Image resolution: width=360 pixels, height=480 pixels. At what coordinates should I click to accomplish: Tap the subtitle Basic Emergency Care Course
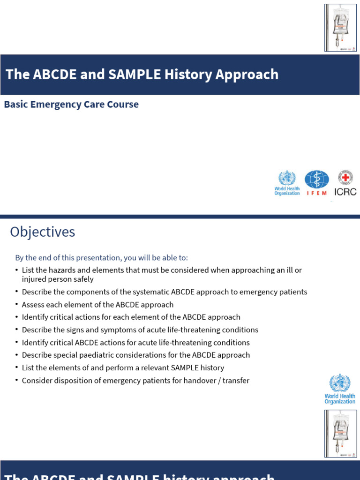71,104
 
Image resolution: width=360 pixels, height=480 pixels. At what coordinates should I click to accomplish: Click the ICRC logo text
345,191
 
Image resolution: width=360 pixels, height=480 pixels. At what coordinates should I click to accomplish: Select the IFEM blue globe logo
317,180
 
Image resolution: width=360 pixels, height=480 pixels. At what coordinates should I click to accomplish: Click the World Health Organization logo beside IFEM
287,183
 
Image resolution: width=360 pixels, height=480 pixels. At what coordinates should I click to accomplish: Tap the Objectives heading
43,232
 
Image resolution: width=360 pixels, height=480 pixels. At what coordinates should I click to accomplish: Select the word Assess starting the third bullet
34,305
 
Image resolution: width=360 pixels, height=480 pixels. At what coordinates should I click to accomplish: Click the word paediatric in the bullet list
100,355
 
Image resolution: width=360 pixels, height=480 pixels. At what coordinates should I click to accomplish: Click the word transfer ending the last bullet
236,381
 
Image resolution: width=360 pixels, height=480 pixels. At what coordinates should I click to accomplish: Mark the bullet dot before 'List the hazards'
17,270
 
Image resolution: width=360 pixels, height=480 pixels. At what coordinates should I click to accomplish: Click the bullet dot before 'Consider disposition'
17,381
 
